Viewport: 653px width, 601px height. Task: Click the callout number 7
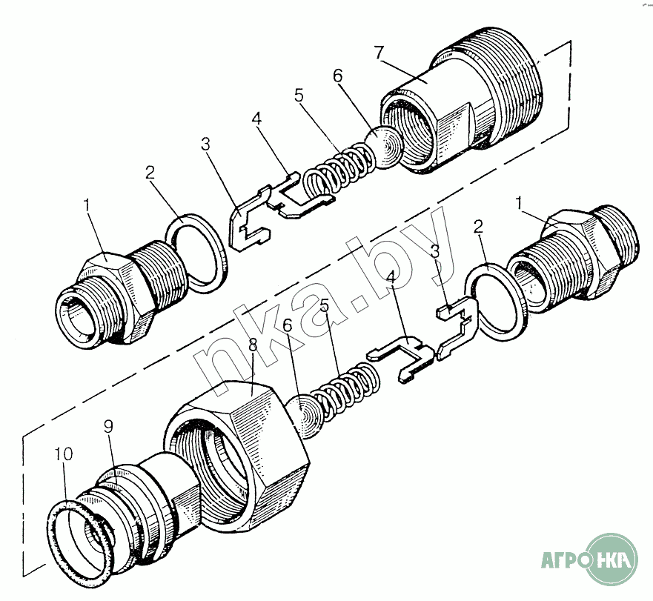click(379, 53)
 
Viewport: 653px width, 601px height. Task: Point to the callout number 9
click(108, 428)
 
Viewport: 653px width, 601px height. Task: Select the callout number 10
click(63, 454)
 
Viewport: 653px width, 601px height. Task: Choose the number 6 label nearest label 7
click(337, 76)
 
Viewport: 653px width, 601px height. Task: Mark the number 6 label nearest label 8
click(288, 325)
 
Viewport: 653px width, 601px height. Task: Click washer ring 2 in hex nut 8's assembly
click(494, 299)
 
